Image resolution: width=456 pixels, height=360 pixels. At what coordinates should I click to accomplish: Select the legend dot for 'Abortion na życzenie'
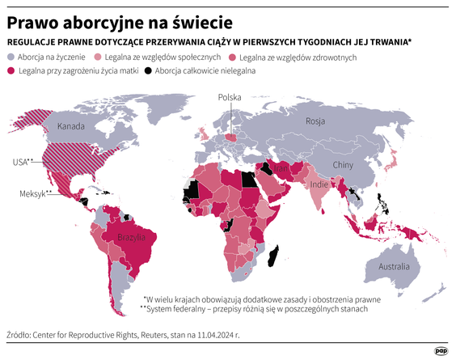[11, 57]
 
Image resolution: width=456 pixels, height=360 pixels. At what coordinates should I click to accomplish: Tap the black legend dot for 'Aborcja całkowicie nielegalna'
[147, 70]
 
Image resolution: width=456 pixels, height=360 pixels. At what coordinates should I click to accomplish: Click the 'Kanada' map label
[70, 127]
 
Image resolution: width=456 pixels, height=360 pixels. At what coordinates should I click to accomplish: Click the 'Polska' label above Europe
[230, 97]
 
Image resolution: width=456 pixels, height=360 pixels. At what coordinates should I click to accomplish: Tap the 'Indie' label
[319, 184]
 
